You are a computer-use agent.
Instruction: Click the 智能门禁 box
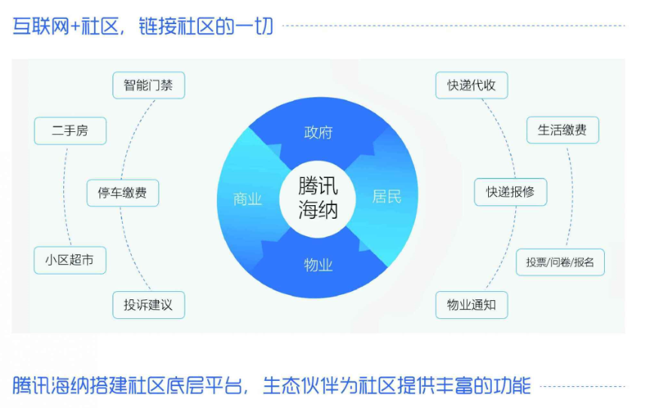click(x=148, y=85)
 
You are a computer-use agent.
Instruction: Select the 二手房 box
click(x=70, y=131)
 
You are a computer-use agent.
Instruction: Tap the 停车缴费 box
click(x=123, y=193)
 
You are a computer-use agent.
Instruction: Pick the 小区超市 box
click(x=70, y=260)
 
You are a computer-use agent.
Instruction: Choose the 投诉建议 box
click(x=148, y=305)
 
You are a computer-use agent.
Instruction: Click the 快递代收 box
click(x=472, y=85)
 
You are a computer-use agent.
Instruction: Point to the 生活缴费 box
click(x=563, y=130)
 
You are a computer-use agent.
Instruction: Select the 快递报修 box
click(x=511, y=192)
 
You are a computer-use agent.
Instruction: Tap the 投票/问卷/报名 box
click(x=560, y=262)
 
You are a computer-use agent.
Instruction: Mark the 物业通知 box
click(x=472, y=305)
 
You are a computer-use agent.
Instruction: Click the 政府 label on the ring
click(x=318, y=133)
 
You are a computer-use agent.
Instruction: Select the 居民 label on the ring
click(x=386, y=196)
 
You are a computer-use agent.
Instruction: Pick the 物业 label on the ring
click(x=318, y=265)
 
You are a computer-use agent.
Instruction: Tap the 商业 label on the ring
click(x=247, y=199)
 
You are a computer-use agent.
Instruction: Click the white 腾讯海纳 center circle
click(x=318, y=198)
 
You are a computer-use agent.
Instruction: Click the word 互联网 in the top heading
click(x=41, y=26)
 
